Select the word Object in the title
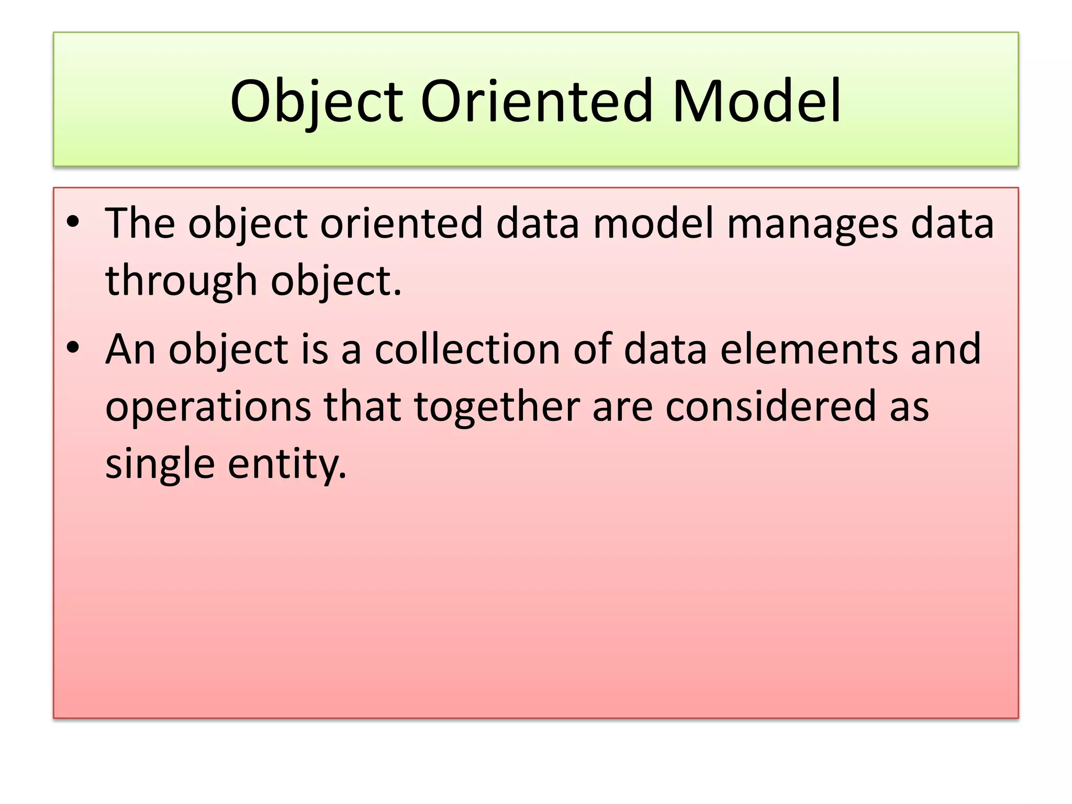tap(316, 102)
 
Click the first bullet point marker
tap(73, 222)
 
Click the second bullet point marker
tap(73, 348)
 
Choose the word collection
tap(467, 349)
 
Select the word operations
tap(208, 408)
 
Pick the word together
tap(497, 408)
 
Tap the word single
tap(160, 465)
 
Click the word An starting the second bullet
tap(130, 349)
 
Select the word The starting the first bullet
tap(140, 224)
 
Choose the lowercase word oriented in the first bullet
tap(401, 224)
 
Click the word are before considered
tap(622, 408)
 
